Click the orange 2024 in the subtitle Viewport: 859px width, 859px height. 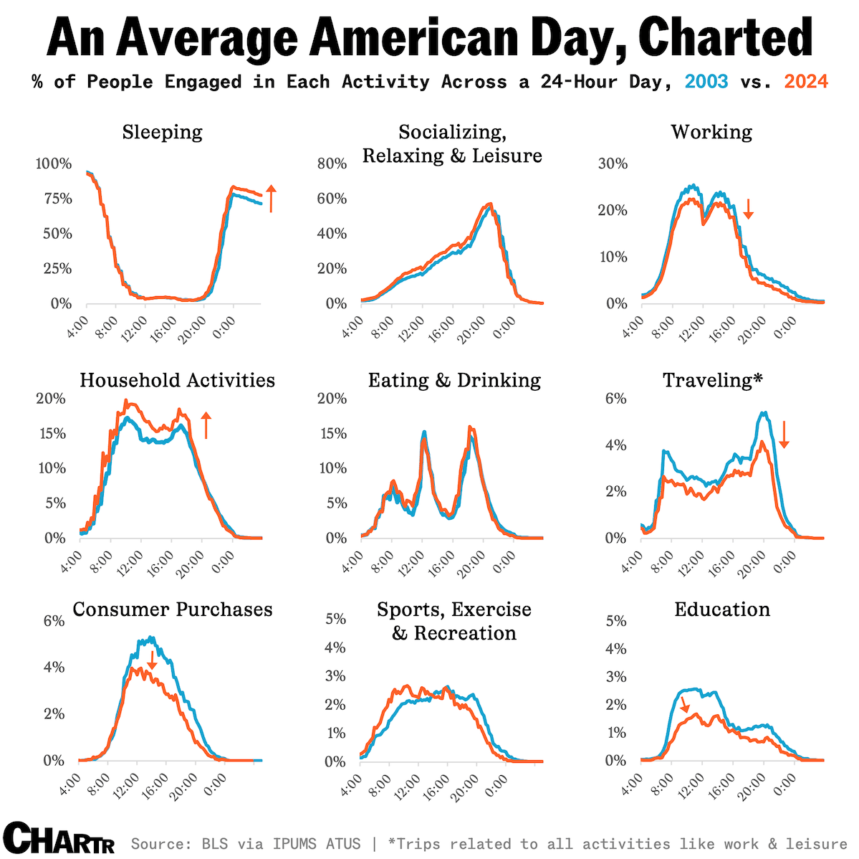pyautogui.click(x=806, y=82)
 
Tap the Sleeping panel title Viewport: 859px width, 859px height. pyautogui.click(x=162, y=133)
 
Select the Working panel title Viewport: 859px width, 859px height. pyautogui.click(x=711, y=133)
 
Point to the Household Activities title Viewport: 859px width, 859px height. pyautogui.click(x=177, y=380)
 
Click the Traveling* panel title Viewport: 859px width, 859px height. pyautogui.click(x=712, y=380)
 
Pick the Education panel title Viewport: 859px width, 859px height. pyautogui.click(x=722, y=609)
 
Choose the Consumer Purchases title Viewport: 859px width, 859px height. pyautogui.click(x=173, y=609)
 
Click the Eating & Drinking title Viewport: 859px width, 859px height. pyautogui.click(x=454, y=380)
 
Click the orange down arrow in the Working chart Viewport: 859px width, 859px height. pyautogui.click(x=748, y=209)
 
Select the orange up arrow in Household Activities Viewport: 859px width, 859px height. pyautogui.click(x=206, y=425)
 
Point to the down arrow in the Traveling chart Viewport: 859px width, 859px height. pyautogui.click(x=784, y=435)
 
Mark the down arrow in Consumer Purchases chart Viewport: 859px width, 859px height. pyautogui.click(x=152, y=660)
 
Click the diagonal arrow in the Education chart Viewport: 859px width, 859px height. pyautogui.click(x=684, y=704)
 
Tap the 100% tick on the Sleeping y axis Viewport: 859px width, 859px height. pyautogui.click(x=54, y=164)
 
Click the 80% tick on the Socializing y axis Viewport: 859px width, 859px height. pyautogui.click(x=332, y=164)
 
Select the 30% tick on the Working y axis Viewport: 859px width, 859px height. pyautogui.click(x=613, y=164)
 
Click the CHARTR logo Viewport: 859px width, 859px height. pyautogui.click(x=58, y=839)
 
